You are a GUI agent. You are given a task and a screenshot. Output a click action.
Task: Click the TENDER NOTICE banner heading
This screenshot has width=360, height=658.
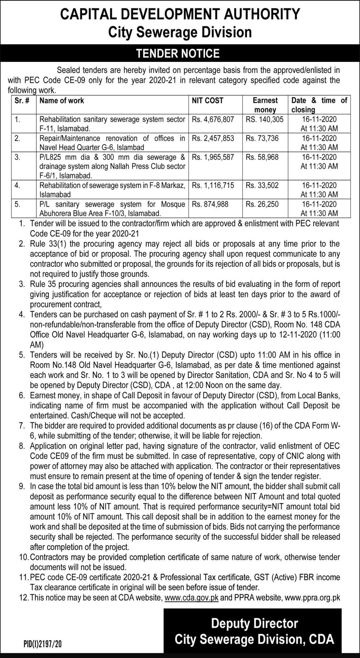[x=178, y=53]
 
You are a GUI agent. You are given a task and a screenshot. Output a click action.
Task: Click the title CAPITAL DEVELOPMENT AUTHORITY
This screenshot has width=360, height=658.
[x=180, y=14]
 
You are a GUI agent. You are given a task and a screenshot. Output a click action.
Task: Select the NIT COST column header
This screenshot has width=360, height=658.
[x=207, y=101]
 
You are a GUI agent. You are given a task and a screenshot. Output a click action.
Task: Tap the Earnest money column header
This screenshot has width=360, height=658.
[x=265, y=105]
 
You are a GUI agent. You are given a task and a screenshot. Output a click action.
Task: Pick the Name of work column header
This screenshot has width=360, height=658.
[x=62, y=101]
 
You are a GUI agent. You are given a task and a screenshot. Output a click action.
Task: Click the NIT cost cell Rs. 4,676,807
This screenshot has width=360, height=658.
[x=213, y=119]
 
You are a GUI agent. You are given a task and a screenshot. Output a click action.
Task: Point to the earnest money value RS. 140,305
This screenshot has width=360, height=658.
[x=264, y=119]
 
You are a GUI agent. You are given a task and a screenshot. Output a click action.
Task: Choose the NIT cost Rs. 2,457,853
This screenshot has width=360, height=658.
[x=213, y=138]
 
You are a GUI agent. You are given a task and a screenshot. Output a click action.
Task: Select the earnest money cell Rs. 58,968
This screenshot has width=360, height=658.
[x=262, y=157]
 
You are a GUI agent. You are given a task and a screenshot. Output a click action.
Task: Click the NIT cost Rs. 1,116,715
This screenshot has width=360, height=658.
[x=213, y=185]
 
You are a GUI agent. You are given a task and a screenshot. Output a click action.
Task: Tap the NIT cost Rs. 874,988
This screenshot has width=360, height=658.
[x=210, y=204]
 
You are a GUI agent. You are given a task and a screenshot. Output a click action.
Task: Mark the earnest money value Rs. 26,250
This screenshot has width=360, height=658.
[x=262, y=204]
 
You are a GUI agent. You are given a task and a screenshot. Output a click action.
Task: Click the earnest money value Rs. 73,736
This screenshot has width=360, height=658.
[x=262, y=138]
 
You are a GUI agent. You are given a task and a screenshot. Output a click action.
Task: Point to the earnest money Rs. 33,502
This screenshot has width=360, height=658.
[x=262, y=185]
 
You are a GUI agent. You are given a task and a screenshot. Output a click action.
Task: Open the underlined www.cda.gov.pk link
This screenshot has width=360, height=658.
[x=191, y=597]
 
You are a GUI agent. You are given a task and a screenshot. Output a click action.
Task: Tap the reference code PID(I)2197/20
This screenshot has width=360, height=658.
[x=43, y=644]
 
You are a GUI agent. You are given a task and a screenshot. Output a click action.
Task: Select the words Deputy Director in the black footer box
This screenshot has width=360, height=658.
[x=254, y=624]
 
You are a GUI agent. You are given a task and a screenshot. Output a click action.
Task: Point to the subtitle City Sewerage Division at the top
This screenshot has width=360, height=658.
[x=180, y=32]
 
